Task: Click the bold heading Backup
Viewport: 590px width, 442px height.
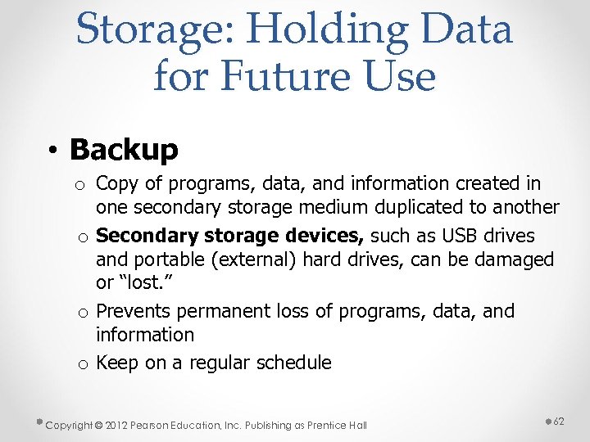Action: pyautogui.click(x=124, y=149)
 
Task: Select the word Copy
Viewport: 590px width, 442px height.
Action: pyautogui.click(x=116, y=184)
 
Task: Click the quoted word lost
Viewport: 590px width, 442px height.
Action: pyautogui.click(x=138, y=283)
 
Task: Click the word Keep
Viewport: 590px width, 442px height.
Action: pyautogui.click(x=118, y=363)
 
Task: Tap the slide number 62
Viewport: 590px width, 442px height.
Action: pyautogui.click(x=560, y=421)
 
